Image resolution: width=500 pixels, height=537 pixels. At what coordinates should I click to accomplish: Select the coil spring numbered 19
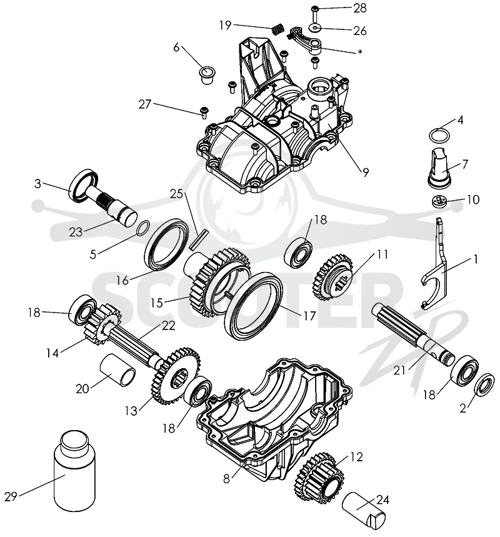(x=278, y=28)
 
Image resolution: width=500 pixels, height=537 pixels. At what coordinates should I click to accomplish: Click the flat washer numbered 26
(x=316, y=27)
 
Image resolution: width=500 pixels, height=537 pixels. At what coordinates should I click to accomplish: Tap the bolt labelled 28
(x=316, y=12)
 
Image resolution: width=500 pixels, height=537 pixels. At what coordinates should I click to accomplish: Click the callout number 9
(x=366, y=173)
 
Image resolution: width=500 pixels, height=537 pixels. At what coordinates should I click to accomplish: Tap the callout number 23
(x=76, y=232)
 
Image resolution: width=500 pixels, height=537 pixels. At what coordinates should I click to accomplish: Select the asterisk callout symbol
(x=359, y=52)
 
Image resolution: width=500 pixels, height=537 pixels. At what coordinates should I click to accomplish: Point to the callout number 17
(x=309, y=316)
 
